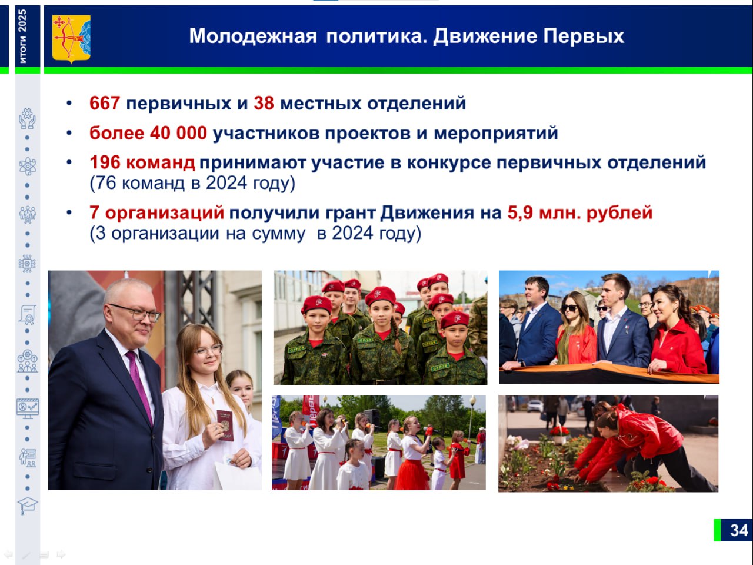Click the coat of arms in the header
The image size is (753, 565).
pyautogui.click(x=71, y=39)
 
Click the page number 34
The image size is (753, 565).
pyautogui.click(x=739, y=530)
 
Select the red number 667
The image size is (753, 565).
pyautogui.click(x=105, y=103)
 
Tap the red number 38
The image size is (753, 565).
pyautogui.click(x=264, y=103)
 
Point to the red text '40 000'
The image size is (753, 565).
pyautogui.click(x=178, y=133)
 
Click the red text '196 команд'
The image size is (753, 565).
pyautogui.click(x=142, y=162)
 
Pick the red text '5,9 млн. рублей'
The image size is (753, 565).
pyautogui.click(x=580, y=212)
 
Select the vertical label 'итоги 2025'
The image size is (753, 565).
pyautogui.click(x=22, y=36)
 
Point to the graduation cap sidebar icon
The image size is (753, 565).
pyautogui.click(x=28, y=506)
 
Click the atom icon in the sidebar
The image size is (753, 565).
pyautogui.click(x=28, y=167)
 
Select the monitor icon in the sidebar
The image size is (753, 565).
pyautogui.click(x=28, y=408)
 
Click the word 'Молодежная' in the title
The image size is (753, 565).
pyautogui.click(x=253, y=36)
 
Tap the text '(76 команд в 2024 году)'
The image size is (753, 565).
pyautogui.click(x=192, y=183)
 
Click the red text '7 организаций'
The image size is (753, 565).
pyautogui.click(x=156, y=212)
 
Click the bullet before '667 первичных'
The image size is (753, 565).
pyautogui.click(x=69, y=103)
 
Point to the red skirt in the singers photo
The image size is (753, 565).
pyautogui.click(x=412, y=474)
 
